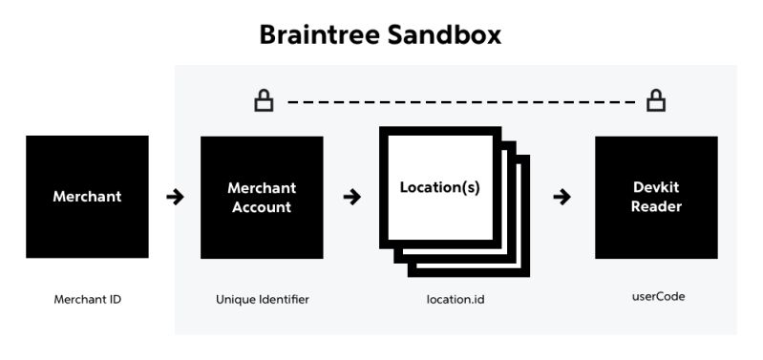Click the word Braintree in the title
[x=320, y=35]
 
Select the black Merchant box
[x=87, y=197]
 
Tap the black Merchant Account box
[x=262, y=197]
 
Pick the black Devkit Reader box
[x=656, y=197]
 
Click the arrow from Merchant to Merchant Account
[x=175, y=198]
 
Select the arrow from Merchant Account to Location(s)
[x=351, y=198]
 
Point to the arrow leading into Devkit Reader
[x=562, y=198]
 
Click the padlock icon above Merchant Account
[x=263, y=99]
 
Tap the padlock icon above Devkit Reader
[x=656, y=99]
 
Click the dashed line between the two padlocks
[x=458, y=100]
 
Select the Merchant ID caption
[x=87, y=299]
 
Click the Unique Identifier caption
[x=263, y=299]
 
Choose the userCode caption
[x=657, y=297]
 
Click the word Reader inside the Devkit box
[x=656, y=207]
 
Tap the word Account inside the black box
[x=262, y=207]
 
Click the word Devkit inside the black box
[x=656, y=188]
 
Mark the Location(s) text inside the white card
[x=439, y=188]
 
